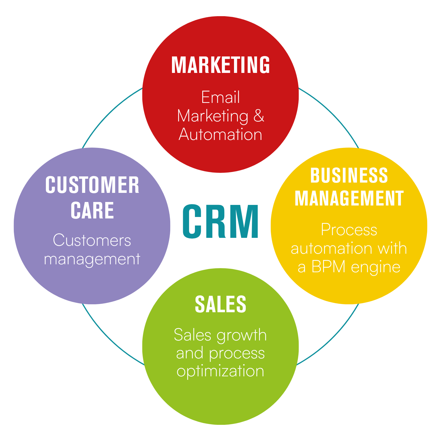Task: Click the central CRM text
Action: [x=220, y=221]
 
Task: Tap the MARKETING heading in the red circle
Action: [x=220, y=65]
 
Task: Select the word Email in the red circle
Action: [x=220, y=97]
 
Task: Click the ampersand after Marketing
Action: [x=259, y=116]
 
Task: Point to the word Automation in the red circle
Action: [x=220, y=134]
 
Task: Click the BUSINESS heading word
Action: [x=349, y=176]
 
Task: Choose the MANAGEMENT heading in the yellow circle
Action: [x=349, y=198]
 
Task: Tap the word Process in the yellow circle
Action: [x=349, y=229]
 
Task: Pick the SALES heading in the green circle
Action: [x=220, y=304]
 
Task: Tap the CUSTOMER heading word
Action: [x=92, y=185]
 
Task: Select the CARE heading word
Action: [x=92, y=210]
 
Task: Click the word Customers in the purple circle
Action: [x=92, y=240]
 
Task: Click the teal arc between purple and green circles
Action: [x=108, y=338]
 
